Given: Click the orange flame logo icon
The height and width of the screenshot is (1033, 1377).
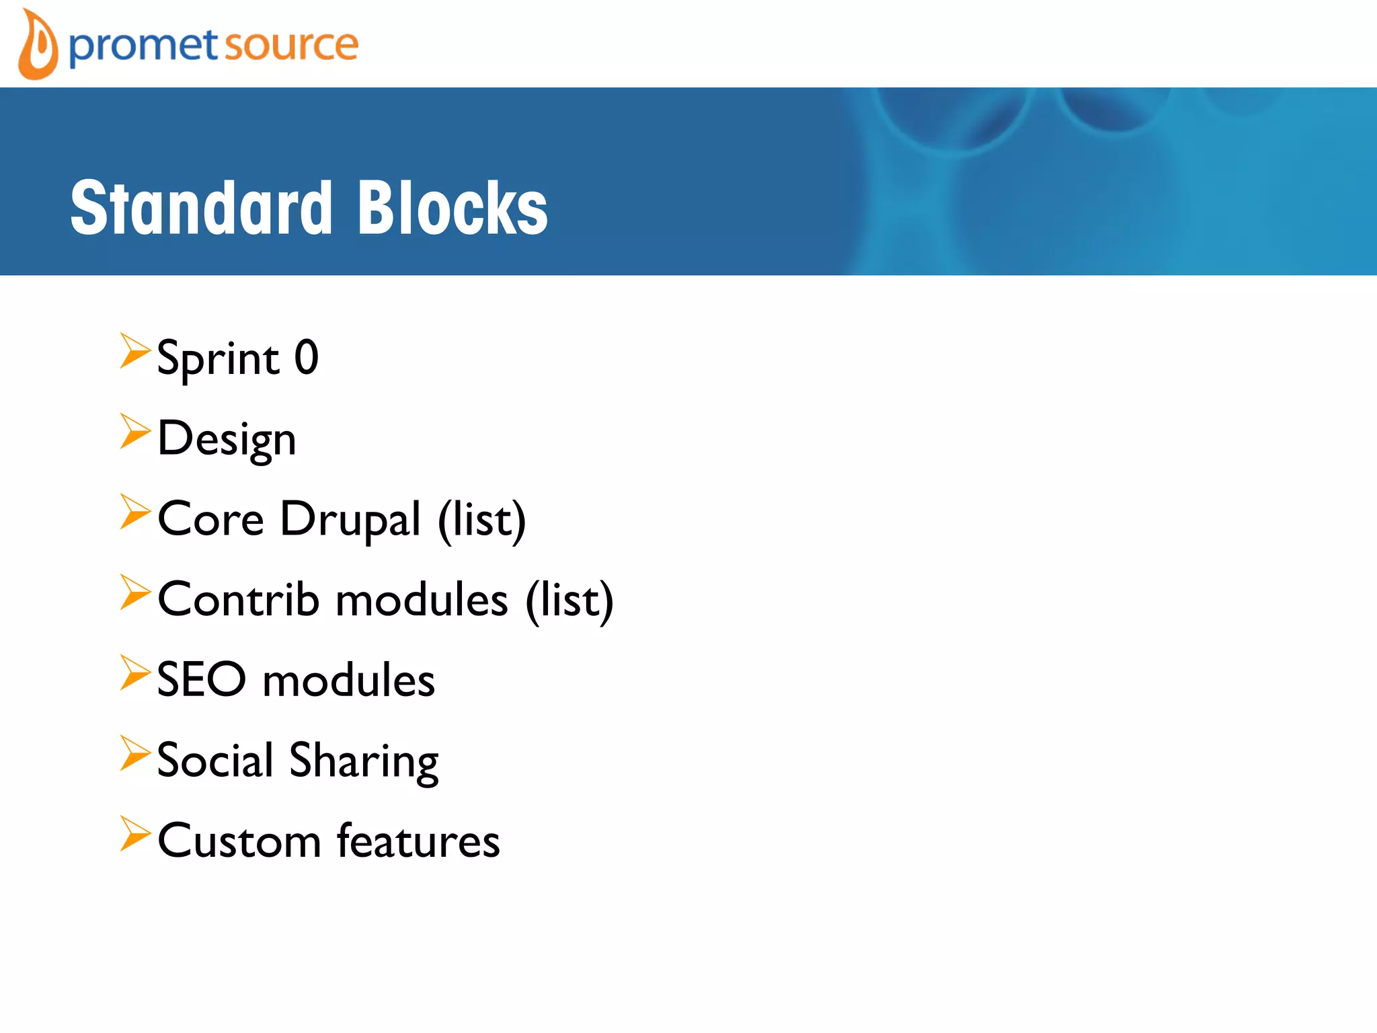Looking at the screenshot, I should [38, 45].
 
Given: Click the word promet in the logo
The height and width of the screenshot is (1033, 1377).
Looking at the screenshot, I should [143, 47].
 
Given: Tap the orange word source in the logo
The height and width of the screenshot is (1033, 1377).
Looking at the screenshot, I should [290, 46].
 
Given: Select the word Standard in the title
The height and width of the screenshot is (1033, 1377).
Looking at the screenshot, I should [202, 208].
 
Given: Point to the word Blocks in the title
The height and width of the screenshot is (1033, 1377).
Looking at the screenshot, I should [453, 208].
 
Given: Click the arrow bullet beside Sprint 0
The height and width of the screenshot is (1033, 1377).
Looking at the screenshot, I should [134, 351].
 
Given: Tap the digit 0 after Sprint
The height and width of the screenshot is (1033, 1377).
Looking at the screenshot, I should [307, 357].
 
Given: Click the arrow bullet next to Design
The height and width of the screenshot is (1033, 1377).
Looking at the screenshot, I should [134, 431].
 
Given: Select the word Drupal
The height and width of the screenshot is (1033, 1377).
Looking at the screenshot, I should [350, 520].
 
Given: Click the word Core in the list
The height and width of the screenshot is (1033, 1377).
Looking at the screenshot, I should [210, 519].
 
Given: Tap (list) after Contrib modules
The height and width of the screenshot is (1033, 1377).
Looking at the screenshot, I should [569, 600].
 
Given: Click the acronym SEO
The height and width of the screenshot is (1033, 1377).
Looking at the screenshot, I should [202, 679].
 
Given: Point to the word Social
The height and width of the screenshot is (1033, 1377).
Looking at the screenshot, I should [215, 760].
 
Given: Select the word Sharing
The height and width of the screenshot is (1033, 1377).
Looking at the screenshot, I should [364, 762].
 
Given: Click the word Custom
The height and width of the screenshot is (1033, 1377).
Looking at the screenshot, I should [239, 841].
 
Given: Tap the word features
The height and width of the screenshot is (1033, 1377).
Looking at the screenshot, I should [418, 841].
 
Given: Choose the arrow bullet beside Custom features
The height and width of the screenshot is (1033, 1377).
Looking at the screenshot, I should [134, 834].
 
